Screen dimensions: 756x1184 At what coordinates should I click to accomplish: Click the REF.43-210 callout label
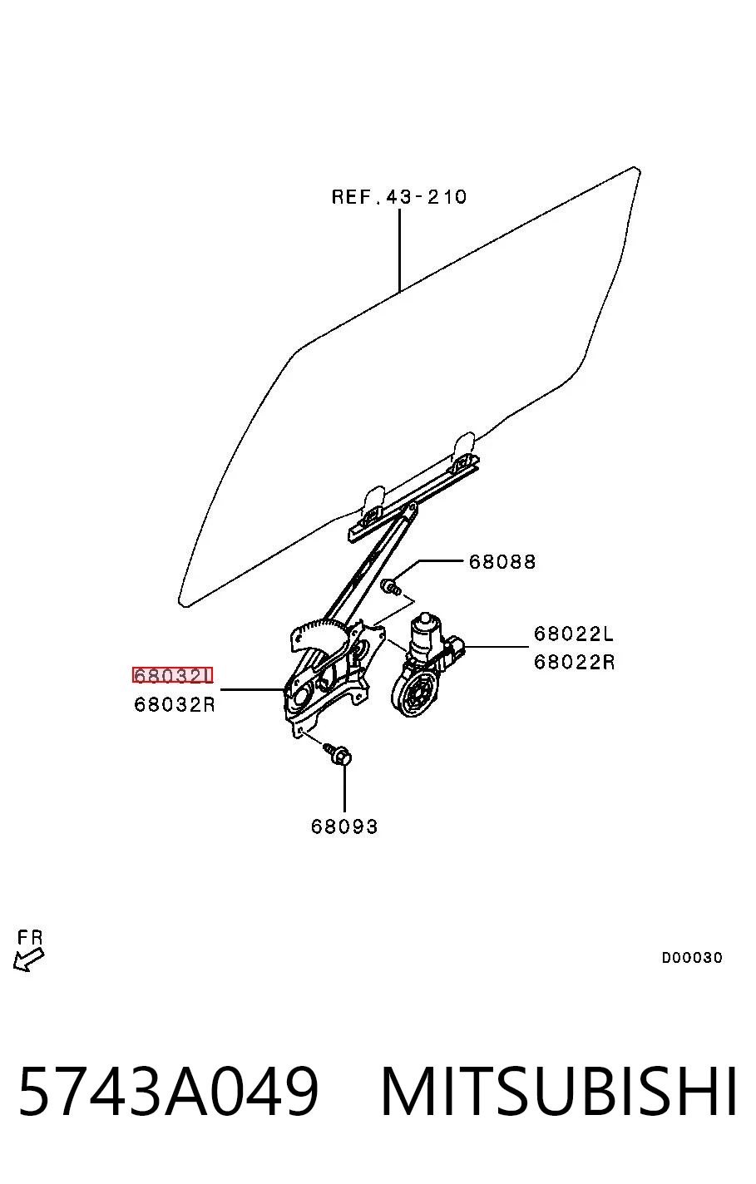tap(399, 196)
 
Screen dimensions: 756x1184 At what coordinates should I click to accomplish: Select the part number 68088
tap(502, 561)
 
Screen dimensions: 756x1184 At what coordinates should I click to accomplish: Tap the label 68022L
tap(574, 634)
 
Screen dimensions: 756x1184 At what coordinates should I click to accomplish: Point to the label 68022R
tap(575, 662)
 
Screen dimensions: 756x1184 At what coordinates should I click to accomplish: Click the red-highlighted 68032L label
tap(172, 675)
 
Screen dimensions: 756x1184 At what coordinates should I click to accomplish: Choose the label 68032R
tap(175, 704)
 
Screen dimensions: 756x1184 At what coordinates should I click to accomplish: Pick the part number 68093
tap(344, 826)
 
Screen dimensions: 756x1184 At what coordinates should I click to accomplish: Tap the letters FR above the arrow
tap(30, 937)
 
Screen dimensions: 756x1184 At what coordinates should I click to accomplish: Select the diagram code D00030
tap(692, 957)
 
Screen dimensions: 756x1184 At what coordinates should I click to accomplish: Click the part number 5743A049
tap(169, 1091)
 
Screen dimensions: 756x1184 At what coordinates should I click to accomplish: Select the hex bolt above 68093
tap(338, 754)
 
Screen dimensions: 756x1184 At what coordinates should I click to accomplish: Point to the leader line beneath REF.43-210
tap(399, 250)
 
